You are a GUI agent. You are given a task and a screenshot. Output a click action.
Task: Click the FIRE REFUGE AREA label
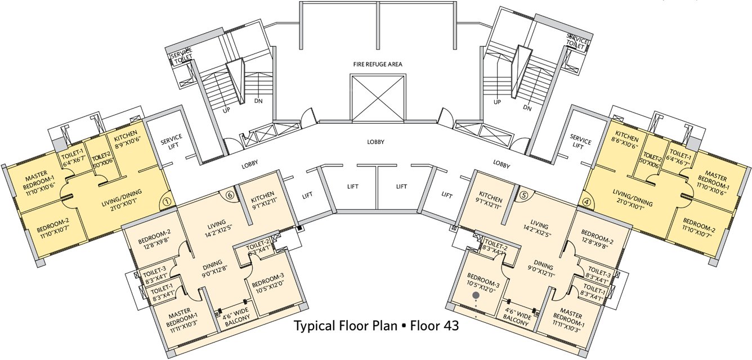point(378,65)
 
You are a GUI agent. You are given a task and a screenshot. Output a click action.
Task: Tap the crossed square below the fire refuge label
point(378,97)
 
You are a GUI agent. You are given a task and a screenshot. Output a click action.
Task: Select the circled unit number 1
point(167,200)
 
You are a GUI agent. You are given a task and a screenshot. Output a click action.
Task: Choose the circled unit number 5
point(523,195)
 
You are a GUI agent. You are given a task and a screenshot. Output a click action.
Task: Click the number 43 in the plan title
point(451,326)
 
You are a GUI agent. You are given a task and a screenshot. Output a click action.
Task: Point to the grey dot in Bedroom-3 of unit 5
point(476,294)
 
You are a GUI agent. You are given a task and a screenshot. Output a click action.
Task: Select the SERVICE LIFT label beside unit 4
point(580,142)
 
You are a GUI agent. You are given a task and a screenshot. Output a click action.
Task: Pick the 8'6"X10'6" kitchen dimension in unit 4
point(626,146)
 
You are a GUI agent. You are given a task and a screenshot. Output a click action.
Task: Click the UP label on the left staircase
point(226,110)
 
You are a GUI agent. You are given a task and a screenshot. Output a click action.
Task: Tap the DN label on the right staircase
point(527,107)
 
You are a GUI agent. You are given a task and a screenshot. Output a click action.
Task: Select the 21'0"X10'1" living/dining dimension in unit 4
point(631,200)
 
